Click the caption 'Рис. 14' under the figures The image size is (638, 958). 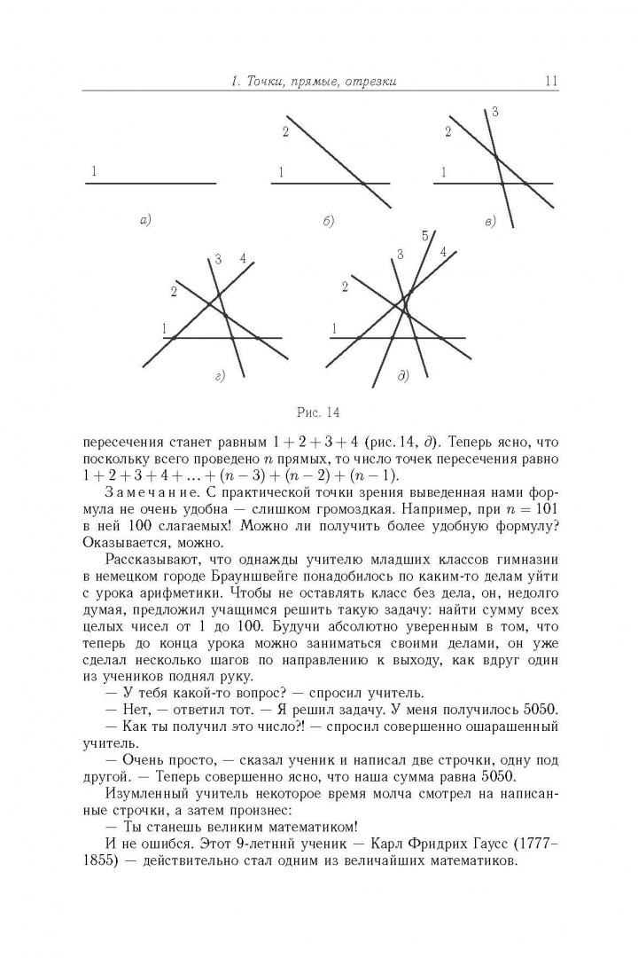coord(318,412)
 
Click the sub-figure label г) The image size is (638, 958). coord(220,377)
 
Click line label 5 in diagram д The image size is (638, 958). coord(425,235)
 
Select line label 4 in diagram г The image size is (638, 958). coord(242,259)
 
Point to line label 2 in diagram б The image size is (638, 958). coord(285,132)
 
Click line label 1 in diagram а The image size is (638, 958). coord(93,170)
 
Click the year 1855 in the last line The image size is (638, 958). coord(97,860)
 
